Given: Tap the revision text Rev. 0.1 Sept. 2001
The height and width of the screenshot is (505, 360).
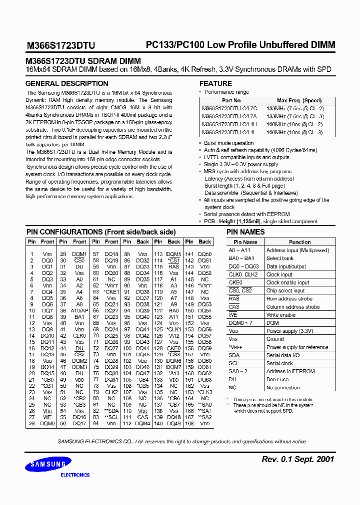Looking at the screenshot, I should click(x=298, y=459).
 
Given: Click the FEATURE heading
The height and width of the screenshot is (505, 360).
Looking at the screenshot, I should click(x=215, y=83).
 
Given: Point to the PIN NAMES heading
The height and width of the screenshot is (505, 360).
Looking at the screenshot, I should click(x=245, y=232).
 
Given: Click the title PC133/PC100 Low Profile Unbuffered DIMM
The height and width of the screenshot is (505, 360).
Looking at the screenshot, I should click(x=240, y=45).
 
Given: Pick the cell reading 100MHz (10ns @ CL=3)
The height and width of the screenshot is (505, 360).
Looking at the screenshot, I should click(x=294, y=132).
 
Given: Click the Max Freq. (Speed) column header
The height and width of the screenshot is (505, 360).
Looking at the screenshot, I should click(x=299, y=100).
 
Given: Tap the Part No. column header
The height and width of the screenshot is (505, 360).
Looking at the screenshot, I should click(x=231, y=100).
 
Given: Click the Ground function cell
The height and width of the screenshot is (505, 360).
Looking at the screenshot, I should click(x=275, y=339).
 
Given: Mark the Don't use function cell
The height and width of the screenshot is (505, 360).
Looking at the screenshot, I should click(x=277, y=379).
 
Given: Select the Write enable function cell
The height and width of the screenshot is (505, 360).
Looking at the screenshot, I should click(x=281, y=315).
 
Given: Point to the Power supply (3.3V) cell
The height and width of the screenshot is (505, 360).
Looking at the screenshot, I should click(x=289, y=331).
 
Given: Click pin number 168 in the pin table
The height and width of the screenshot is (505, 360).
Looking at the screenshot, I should click(x=189, y=424).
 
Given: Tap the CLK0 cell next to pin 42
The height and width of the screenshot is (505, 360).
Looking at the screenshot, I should click(x=79, y=336).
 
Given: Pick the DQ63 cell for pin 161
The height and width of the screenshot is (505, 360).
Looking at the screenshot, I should click(x=204, y=380).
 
